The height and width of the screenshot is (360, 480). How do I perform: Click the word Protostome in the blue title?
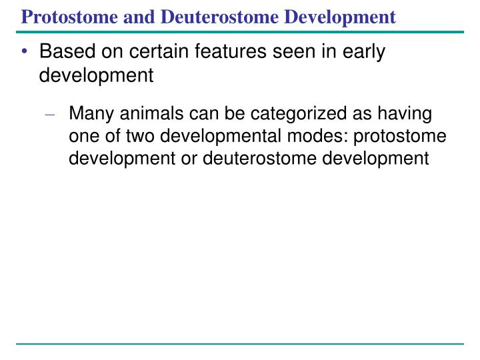(69, 17)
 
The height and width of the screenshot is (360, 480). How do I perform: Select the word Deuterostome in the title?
(219, 17)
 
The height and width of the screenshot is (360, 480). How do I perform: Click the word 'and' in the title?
(139, 17)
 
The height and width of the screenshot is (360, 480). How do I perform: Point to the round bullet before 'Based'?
(25, 51)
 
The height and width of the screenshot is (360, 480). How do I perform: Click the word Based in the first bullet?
(67, 51)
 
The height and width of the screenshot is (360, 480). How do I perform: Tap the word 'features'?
(231, 51)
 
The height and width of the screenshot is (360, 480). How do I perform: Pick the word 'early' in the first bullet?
(364, 52)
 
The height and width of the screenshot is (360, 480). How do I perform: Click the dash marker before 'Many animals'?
(49, 115)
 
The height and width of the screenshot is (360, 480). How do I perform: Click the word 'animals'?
(151, 113)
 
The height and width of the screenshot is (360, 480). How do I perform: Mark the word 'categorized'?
(299, 114)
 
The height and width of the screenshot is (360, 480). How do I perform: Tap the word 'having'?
(405, 114)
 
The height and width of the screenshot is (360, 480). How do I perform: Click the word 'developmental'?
(221, 137)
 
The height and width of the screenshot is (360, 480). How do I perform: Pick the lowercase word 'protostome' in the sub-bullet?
(400, 137)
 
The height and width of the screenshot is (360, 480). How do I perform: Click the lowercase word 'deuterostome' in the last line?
(259, 159)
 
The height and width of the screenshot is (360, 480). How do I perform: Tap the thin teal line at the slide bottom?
(240, 344)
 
